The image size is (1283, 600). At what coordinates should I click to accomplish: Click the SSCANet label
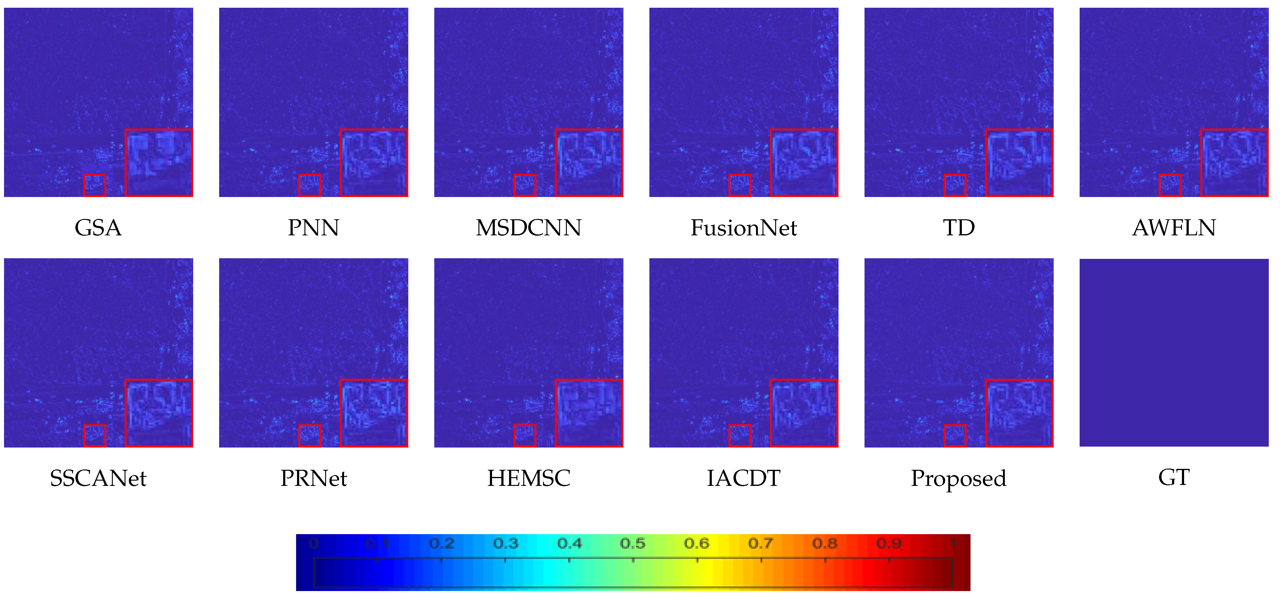(x=98, y=478)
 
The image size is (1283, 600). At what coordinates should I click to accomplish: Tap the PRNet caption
(x=313, y=478)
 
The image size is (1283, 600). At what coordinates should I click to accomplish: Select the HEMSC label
(x=529, y=478)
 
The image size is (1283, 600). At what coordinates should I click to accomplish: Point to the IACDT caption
(x=744, y=478)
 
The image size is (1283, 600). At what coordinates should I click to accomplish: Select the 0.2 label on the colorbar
(x=441, y=543)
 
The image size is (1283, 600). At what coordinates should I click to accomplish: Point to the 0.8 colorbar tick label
(x=825, y=543)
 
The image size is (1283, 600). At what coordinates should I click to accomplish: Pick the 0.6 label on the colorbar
(x=696, y=543)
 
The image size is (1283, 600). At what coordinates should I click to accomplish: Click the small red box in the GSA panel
(x=95, y=185)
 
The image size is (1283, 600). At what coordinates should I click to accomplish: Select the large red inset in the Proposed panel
(x=1020, y=413)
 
